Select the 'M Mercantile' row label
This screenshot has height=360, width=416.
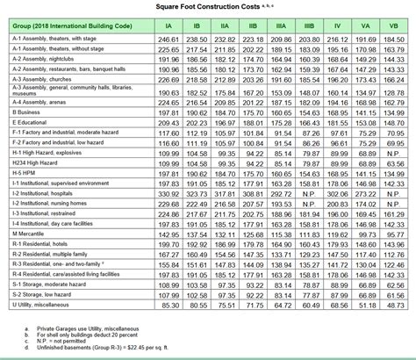coord(32,234)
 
